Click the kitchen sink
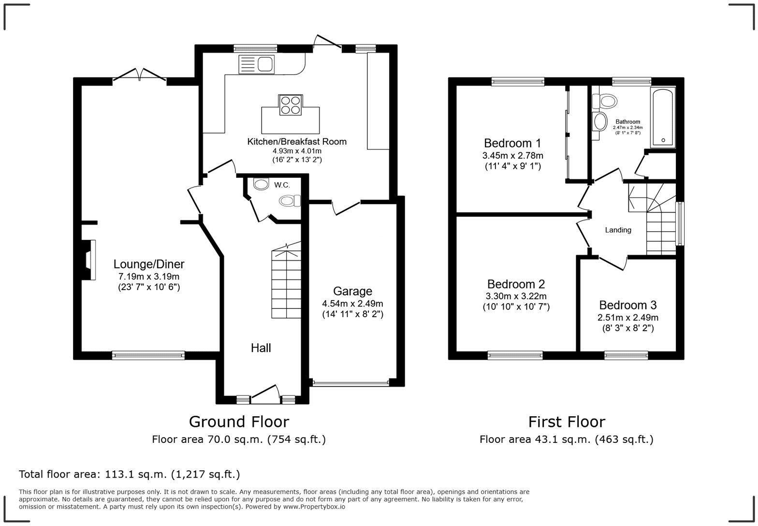click(256, 64)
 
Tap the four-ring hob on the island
click(291, 105)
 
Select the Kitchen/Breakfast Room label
click(297, 142)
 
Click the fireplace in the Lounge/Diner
click(88, 260)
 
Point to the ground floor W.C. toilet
click(290, 201)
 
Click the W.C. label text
click(282, 185)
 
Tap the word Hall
click(261, 348)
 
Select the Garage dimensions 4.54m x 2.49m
click(352, 303)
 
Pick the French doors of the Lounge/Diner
click(139, 75)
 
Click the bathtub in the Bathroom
click(663, 117)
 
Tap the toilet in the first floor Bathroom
click(604, 101)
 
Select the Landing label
click(618, 230)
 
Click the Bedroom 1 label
click(512, 143)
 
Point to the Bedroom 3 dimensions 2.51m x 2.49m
click(627, 318)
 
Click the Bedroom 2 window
click(515, 355)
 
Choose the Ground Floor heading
click(239, 422)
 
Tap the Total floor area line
click(129, 474)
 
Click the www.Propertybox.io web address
click(314, 507)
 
